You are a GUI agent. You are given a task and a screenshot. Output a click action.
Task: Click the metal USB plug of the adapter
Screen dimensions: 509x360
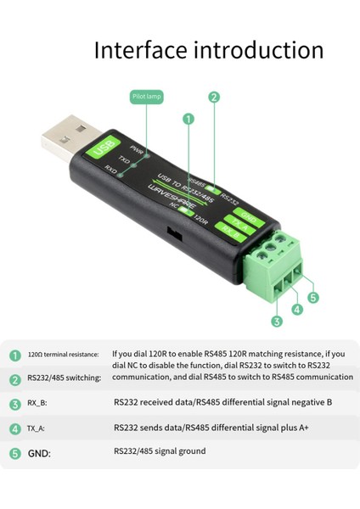coord(67,135)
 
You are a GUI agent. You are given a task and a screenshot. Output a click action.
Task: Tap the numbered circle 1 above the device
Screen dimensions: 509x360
coord(188,120)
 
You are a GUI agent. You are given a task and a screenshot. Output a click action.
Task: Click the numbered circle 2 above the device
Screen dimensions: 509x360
coord(214,97)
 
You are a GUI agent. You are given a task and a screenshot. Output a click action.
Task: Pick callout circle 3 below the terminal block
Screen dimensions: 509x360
coord(277,321)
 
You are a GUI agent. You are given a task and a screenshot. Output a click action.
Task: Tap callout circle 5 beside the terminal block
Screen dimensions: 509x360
coord(312,298)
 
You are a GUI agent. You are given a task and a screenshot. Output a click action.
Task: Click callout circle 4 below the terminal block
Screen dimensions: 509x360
coord(296,310)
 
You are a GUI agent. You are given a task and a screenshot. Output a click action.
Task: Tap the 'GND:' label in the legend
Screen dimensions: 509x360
coord(39,454)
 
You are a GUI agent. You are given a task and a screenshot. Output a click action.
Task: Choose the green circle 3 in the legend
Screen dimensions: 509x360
coord(15,405)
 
